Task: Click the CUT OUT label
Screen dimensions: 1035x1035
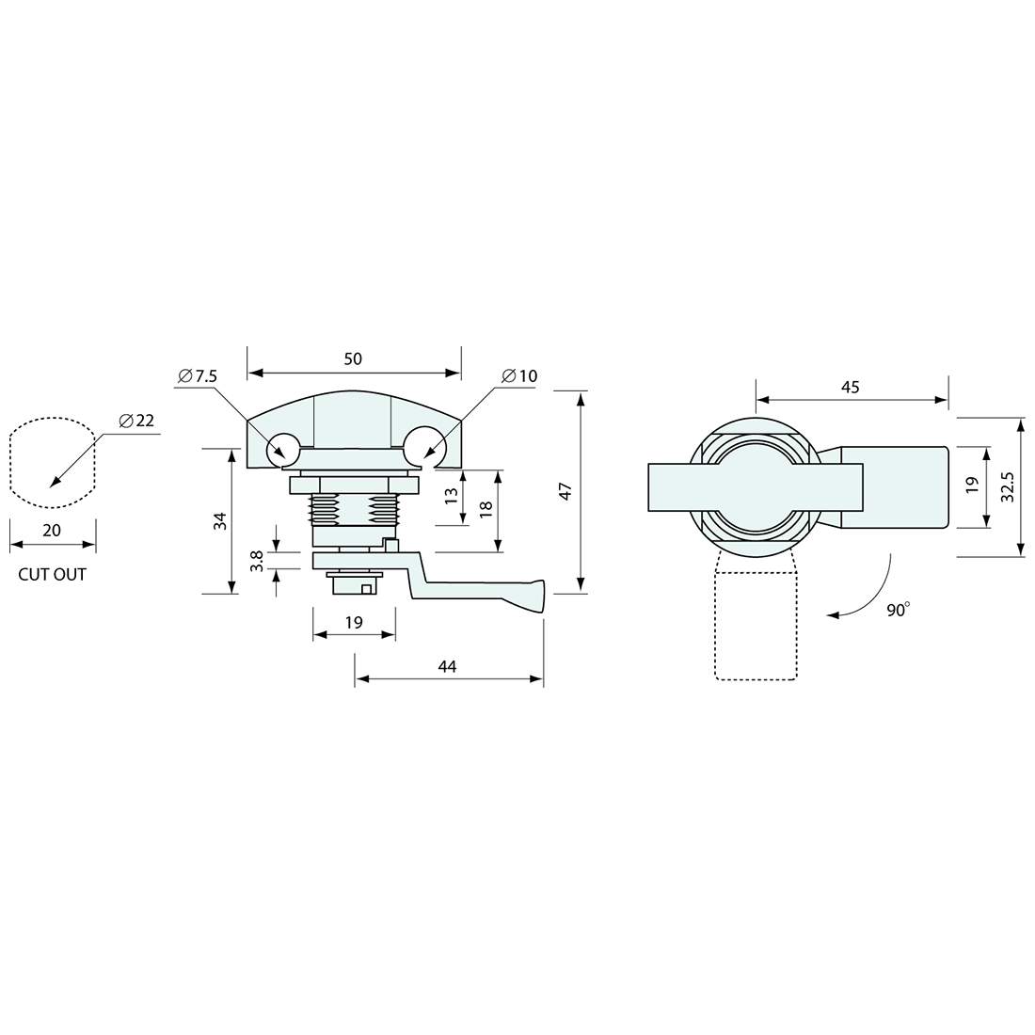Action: [52, 574]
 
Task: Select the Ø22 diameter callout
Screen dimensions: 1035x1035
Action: [136, 421]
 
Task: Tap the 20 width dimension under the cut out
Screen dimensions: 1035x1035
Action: [52, 530]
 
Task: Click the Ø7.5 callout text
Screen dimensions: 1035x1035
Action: [198, 376]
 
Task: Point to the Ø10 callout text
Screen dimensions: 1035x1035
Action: [519, 376]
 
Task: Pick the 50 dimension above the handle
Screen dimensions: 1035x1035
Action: [353, 358]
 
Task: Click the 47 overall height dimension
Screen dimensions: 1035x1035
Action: [565, 492]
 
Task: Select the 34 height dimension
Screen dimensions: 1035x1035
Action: [220, 521]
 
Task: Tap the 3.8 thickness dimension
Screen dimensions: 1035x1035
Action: [257, 561]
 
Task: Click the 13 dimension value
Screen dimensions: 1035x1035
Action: [452, 496]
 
